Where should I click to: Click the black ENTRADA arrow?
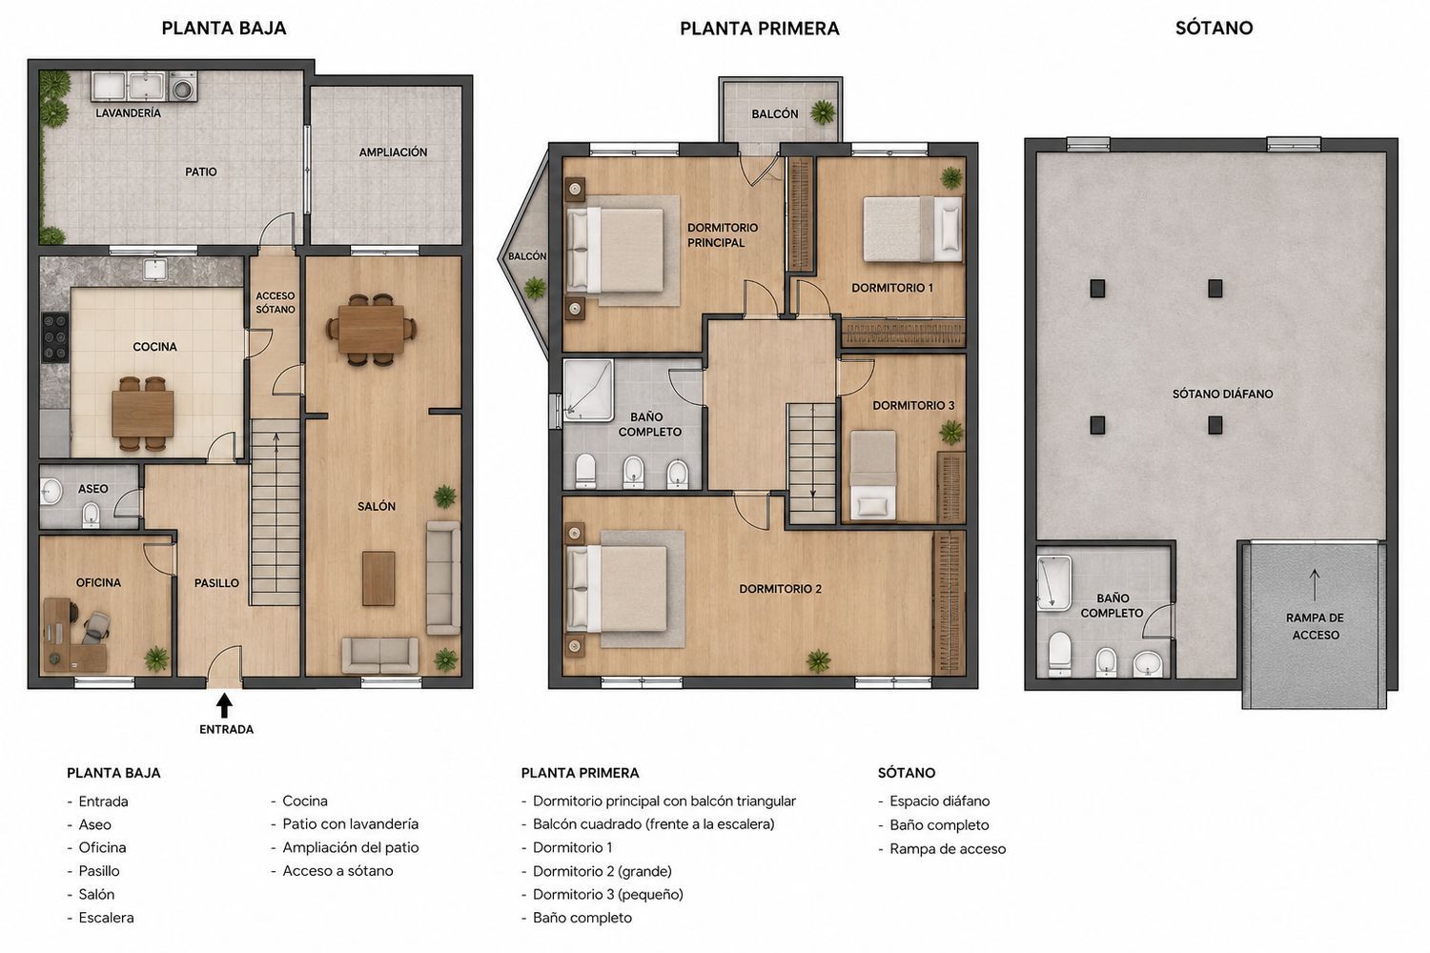tap(224, 705)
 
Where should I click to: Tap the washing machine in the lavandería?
tap(183, 86)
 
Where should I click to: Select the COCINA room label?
tap(154, 347)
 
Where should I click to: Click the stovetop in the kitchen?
tap(55, 337)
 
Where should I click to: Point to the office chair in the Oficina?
tap(95, 626)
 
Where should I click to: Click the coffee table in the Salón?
tap(378, 578)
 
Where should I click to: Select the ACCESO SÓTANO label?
tap(276, 302)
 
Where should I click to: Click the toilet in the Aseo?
tap(92, 515)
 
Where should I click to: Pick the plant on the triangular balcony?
tap(535, 288)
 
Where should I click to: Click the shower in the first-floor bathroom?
tap(588, 390)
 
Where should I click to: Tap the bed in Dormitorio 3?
tap(872, 476)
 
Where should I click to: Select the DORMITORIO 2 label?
tap(780, 589)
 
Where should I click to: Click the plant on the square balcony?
tap(823, 112)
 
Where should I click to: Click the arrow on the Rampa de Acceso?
tap(1315, 585)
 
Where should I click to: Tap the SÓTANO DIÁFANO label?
tap(1222, 394)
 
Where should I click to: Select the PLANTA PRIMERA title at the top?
tap(759, 28)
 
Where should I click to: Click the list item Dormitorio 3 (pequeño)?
tap(608, 894)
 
